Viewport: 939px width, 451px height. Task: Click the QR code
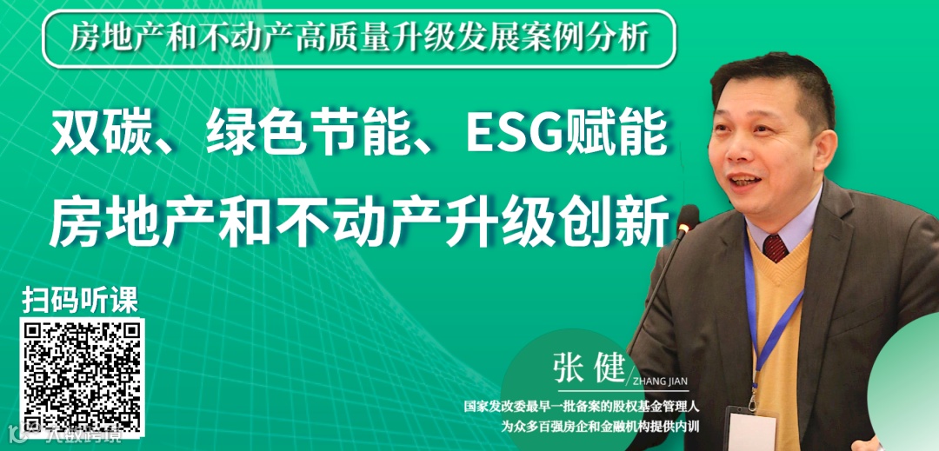tap(83, 378)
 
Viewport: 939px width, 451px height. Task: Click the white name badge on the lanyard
tap(750, 430)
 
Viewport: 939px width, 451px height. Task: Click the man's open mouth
tap(747, 181)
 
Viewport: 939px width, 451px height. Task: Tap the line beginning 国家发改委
tap(582, 406)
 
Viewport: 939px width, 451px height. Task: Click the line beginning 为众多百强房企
tap(600, 426)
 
